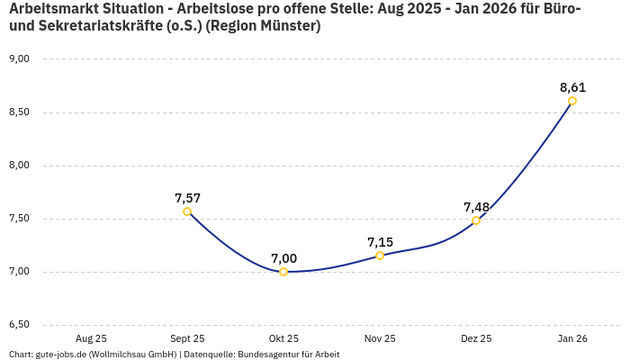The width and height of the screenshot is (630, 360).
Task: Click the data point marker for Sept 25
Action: tap(187, 211)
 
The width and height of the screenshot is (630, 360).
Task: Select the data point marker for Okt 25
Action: tap(283, 272)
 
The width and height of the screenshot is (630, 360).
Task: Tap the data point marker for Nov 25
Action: tap(380, 256)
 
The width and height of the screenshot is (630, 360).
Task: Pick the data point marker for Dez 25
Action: tap(476, 220)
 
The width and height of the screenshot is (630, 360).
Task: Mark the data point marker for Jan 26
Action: tap(572, 101)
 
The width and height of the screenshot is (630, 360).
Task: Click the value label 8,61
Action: tap(572, 87)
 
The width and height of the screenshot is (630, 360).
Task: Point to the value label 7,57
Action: tap(187, 198)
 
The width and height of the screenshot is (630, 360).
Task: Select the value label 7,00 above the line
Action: tap(283, 258)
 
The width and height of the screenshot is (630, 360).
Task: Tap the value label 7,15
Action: tap(380, 242)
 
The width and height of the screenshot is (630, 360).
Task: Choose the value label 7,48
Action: tap(476, 207)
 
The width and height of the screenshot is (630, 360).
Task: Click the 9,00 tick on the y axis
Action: tap(19, 59)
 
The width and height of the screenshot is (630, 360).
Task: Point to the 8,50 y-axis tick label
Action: tap(19, 112)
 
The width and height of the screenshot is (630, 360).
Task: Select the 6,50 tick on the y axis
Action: tap(19, 325)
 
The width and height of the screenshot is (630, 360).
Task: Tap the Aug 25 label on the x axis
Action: tap(91, 339)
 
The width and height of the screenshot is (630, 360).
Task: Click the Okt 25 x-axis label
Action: tap(283, 339)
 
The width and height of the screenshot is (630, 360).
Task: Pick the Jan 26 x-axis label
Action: tap(572, 339)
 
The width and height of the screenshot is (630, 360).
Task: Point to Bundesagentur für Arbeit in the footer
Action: tap(288, 355)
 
